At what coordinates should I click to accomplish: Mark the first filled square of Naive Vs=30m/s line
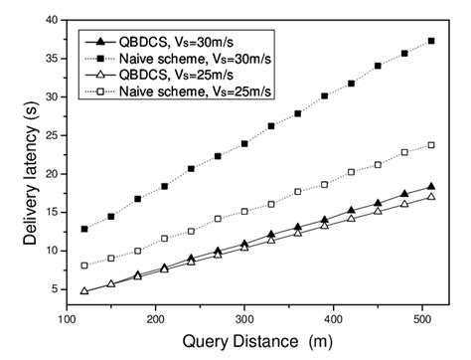click(84, 229)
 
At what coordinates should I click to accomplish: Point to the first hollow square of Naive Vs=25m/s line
click(84, 266)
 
